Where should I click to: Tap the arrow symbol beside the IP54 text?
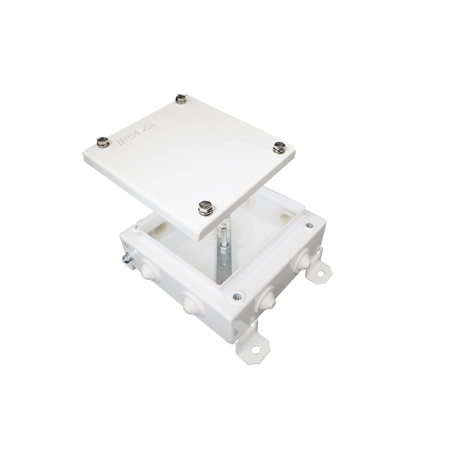[149, 127]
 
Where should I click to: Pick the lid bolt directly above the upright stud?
[205, 208]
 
